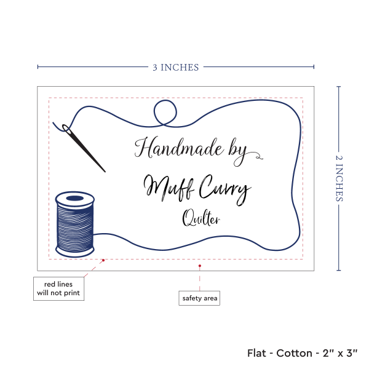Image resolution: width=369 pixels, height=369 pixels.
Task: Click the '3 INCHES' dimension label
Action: [x=176, y=67]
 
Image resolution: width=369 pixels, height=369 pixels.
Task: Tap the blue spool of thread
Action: [x=74, y=224]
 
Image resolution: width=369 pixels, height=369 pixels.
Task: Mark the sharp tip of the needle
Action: [x=105, y=171]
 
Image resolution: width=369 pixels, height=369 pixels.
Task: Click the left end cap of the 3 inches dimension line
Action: [x=38, y=67]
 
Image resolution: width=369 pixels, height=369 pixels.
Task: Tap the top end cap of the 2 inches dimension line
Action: [x=339, y=87]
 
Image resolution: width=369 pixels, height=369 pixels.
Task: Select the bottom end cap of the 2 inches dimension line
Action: [x=339, y=271]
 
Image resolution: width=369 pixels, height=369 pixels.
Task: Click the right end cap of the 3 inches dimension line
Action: [x=314, y=67]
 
